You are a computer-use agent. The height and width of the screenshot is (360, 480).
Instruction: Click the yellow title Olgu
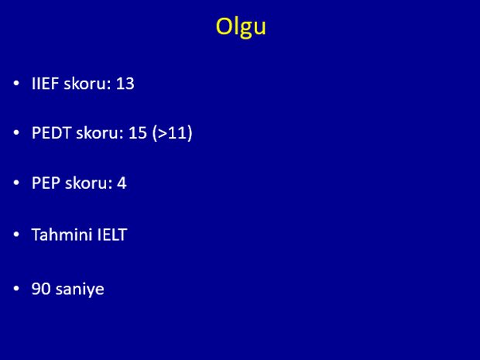coord(241,28)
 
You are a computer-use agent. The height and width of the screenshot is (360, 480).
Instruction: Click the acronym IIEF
coord(45,84)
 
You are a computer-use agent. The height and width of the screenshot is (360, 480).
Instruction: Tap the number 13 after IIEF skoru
coord(125,84)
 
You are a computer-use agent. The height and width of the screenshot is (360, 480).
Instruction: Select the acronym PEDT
coord(51,133)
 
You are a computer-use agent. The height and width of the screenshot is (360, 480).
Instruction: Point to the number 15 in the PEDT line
coord(138,133)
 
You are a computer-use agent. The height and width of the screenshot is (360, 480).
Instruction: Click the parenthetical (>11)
coord(173,133)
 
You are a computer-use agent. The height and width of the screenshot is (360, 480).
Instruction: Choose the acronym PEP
coord(46,183)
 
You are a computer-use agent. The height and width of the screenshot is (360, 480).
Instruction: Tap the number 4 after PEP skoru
coord(122,183)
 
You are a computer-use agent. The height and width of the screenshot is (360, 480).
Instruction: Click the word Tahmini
coord(62,235)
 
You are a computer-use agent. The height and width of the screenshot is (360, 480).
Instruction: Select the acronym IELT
coord(112,235)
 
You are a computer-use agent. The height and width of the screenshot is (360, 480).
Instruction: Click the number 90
coord(41,289)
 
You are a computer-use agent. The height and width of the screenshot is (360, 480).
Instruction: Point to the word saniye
coord(80,290)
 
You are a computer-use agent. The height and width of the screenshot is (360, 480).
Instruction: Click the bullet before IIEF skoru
coord(16,84)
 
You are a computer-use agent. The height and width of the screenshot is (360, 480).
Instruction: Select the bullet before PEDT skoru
coord(16,133)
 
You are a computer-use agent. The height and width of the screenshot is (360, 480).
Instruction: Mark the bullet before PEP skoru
coord(16,183)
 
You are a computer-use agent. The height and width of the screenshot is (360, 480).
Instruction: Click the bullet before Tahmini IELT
coord(16,235)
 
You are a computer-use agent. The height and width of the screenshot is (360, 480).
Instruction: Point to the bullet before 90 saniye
coord(16,289)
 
